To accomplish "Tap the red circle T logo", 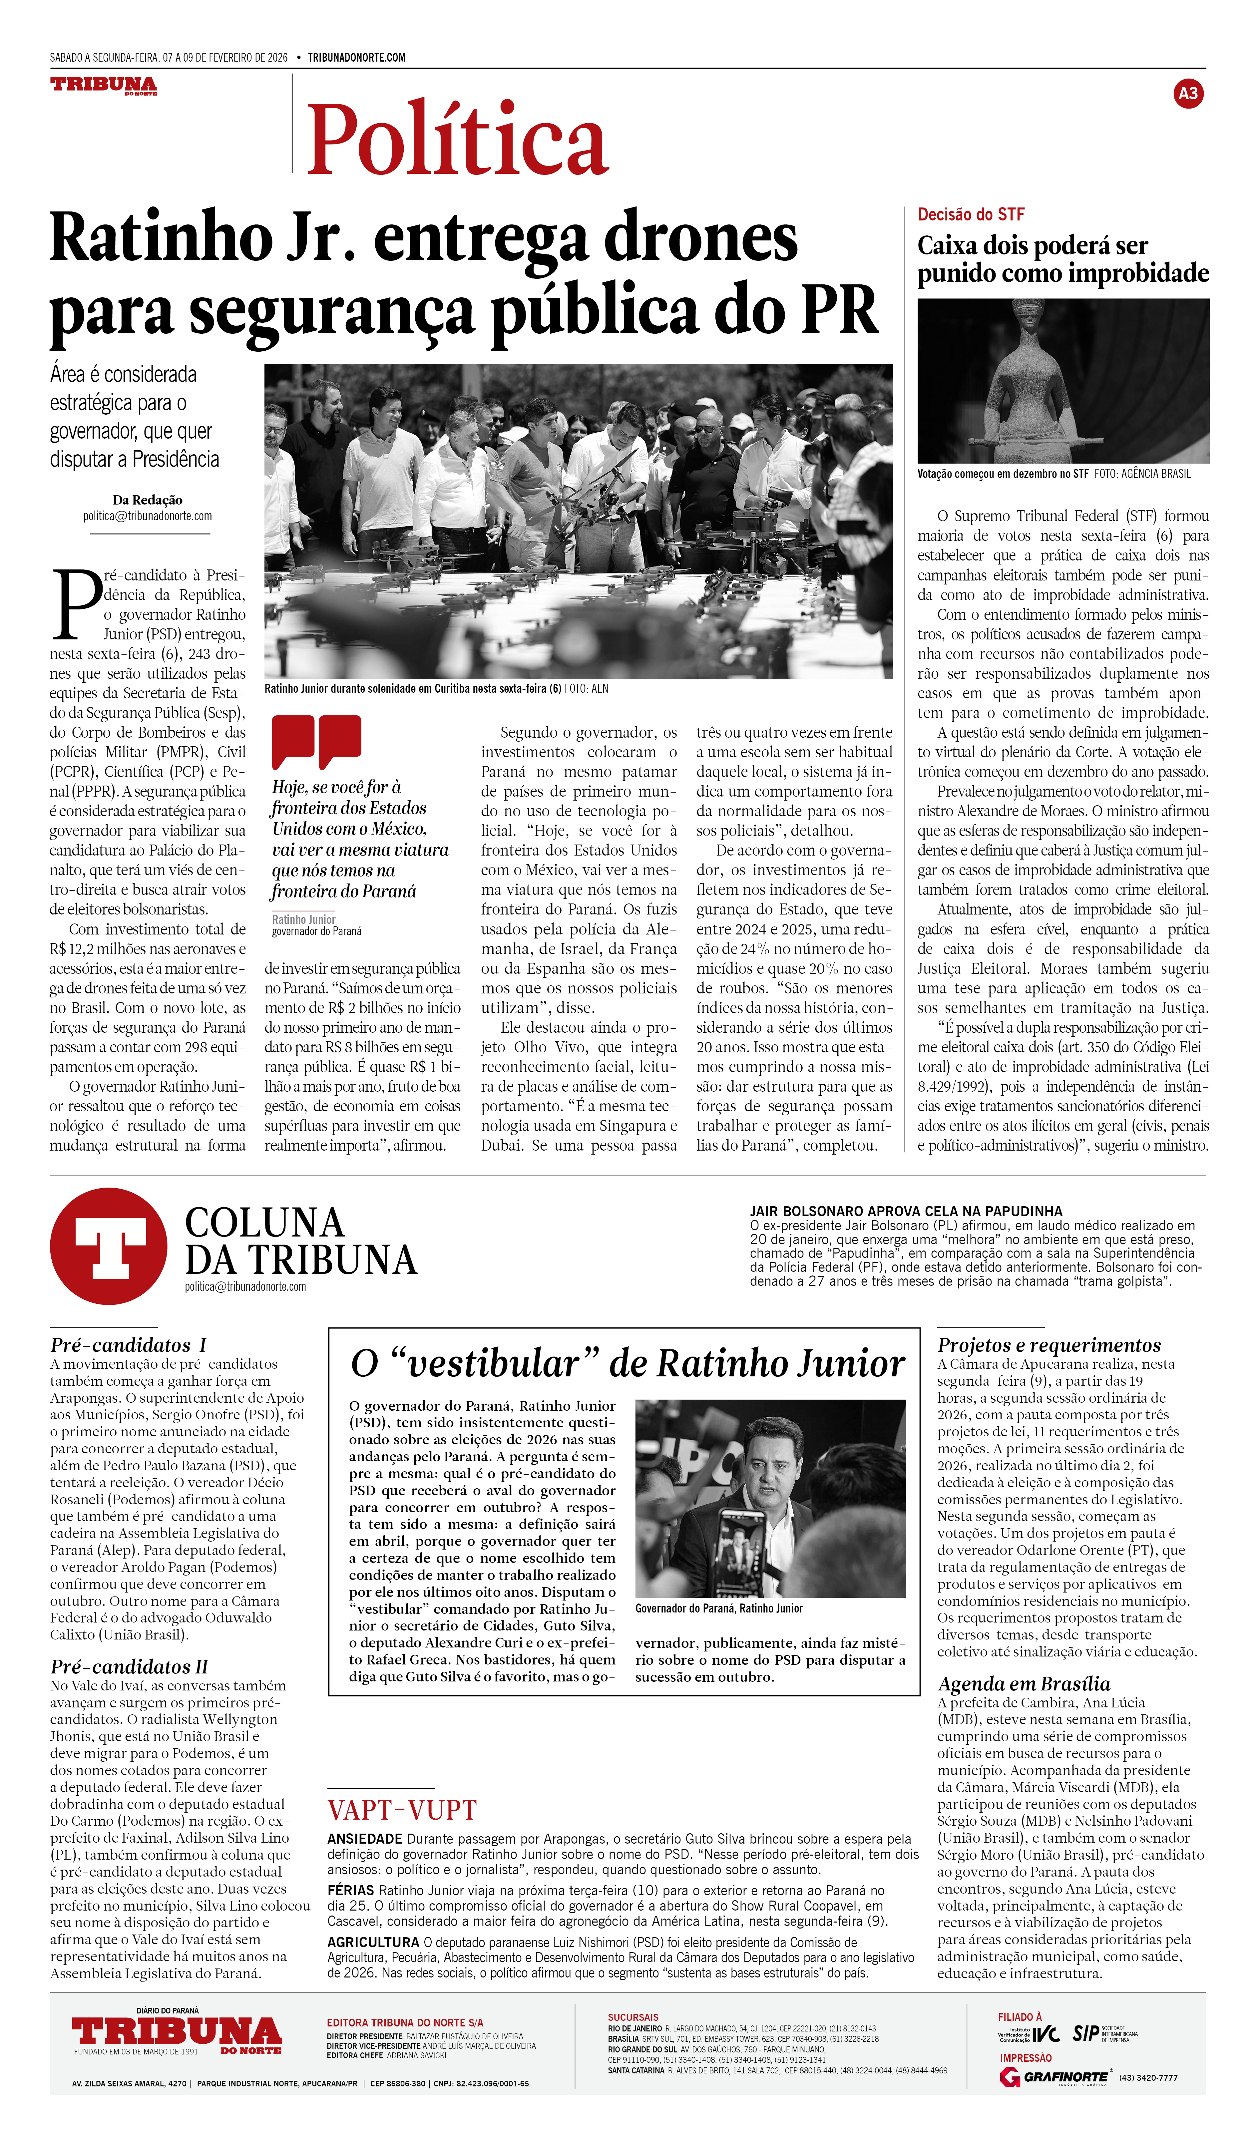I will click(109, 1247).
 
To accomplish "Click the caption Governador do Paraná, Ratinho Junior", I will click(719, 1608).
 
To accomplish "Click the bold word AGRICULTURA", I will click(373, 1943).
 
